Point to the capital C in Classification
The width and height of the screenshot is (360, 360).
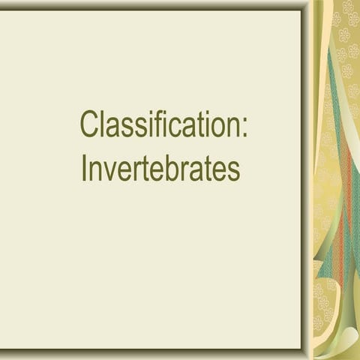(x=91, y=124)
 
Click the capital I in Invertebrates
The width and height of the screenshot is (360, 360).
(x=84, y=168)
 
